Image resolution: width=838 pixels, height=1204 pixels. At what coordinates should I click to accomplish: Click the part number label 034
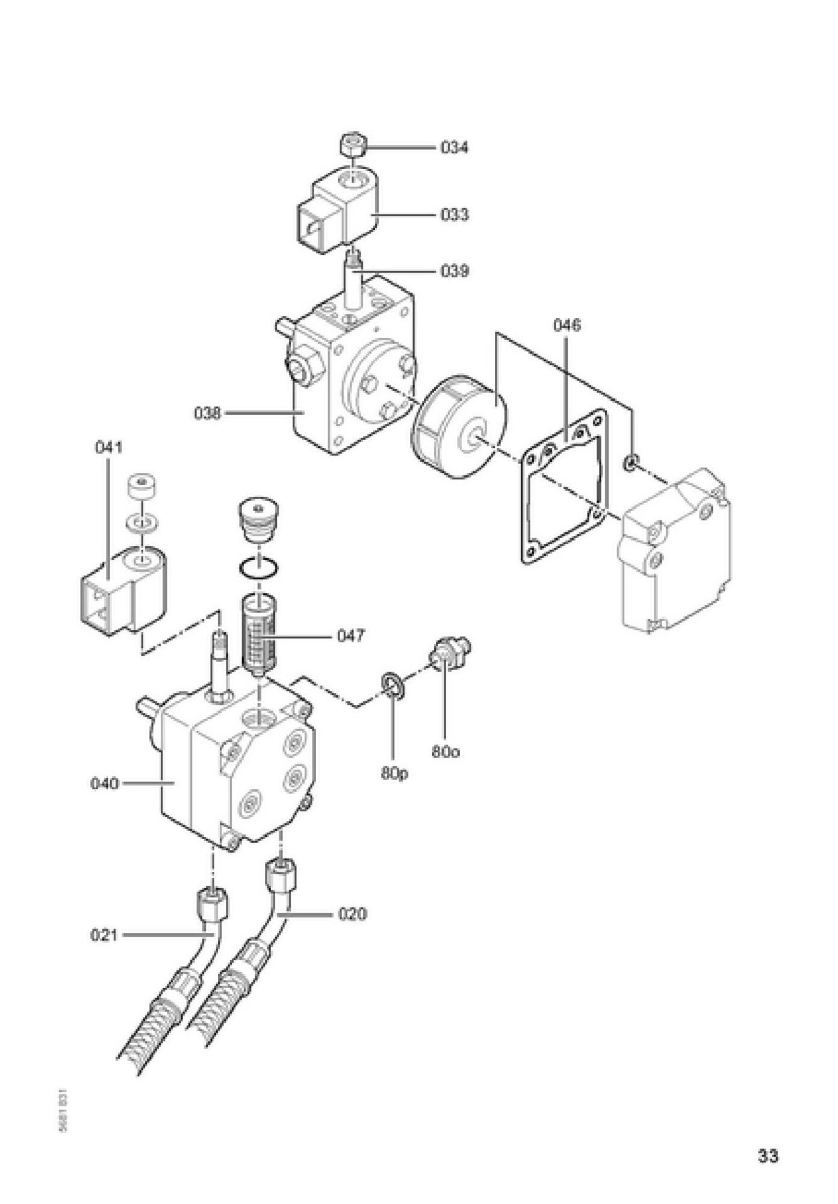pyautogui.click(x=454, y=147)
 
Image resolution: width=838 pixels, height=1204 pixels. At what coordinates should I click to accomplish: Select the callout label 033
pyautogui.click(x=454, y=215)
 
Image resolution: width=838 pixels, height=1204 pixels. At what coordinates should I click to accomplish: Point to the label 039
pyautogui.click(x=454, y=272)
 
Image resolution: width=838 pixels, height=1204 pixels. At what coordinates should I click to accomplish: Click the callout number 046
pyautogui.click(x=566, y=326)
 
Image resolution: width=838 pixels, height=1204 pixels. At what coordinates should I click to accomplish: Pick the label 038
pyautogui.click(x=207, y=414)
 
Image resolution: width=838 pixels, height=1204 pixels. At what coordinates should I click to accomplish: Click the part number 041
pyautogui.click(x=108, y=447)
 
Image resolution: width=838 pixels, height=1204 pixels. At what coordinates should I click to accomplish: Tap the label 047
pyautogui.click(x=350, y=636)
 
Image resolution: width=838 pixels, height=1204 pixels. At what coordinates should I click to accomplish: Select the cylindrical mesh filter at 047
pyautogui.click(x=259, y=635)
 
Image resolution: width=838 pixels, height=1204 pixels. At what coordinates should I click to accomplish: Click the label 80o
pyautogui.click(x=445, y=752)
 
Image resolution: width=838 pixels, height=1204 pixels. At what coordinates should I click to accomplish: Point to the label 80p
pyautogui.click(x=394, y=773)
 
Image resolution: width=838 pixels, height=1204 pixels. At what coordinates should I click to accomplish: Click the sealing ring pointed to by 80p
pyautogui.click(x=392, y=686)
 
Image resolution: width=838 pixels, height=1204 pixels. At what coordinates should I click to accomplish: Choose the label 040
pyautogui.click(x=105, y=784)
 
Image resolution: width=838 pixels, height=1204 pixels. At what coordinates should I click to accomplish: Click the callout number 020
pyautogui.click(x=352, y=915)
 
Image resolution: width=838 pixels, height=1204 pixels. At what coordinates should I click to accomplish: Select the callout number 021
pyautogui.click(x=104, y=936)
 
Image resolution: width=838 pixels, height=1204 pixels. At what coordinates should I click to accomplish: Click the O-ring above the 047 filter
pyautogui.click(x=258, y=568)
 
